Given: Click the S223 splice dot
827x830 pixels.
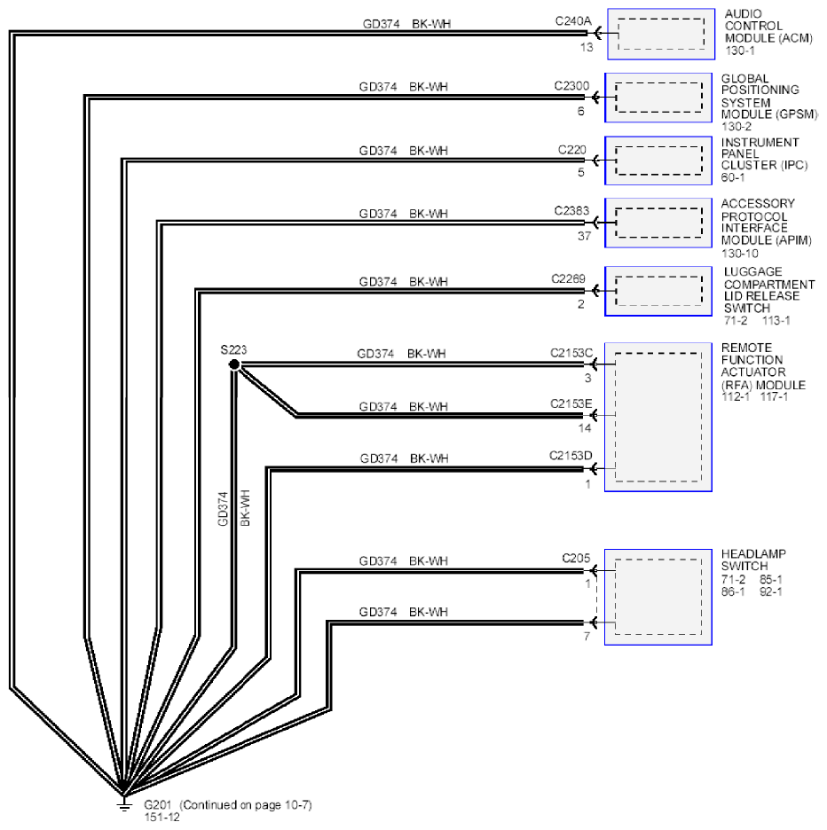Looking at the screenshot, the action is tap(234, 364).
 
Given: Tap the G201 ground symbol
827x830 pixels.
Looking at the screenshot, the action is tap(124, 804).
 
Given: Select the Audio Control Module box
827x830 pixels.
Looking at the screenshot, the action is tap(661, 34).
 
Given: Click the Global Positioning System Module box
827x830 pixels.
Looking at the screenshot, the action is tap(658, 98).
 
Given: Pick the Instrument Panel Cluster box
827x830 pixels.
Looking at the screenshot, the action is tap(658, 161).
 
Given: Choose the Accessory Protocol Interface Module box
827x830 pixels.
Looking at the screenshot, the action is tap(658, 223).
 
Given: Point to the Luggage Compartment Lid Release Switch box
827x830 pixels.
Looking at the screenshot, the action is tap(658, 291).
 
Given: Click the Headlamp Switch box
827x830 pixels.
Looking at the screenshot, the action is tap(658, 597).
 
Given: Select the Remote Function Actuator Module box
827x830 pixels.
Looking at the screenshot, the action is tap(658, 417).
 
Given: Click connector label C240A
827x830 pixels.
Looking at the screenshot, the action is tap(572, 21).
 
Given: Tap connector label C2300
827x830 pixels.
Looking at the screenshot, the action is tap(571, 86).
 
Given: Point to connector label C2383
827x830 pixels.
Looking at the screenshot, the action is tap(571, 211).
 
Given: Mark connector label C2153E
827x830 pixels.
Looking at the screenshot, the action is tap(571, 403).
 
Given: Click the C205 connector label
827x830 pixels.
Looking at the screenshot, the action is tap(576, 559).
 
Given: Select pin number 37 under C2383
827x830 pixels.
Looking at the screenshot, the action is tap(584, 236).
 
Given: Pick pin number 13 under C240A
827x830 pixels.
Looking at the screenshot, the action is tap(586, 48).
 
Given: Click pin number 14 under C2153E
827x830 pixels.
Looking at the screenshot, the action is tap(585, 427).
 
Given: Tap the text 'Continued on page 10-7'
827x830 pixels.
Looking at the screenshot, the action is tap(246, 805).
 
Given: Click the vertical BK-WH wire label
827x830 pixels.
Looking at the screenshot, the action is tap(245, 508).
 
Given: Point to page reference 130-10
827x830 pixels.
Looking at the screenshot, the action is tap(739, 254).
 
